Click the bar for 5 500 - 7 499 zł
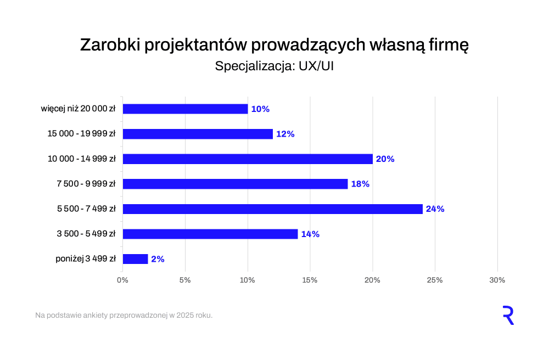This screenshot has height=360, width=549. point(273,209)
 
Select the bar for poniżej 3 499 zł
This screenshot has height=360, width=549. point(136,259)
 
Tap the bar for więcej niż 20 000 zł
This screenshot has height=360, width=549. point(186,109)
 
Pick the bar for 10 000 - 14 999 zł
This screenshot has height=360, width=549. point(248,159)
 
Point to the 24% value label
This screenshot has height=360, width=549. point(435,209)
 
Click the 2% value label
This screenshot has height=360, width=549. point(158,259)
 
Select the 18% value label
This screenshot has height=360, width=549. point(360,184)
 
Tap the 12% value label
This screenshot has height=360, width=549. point(285,134)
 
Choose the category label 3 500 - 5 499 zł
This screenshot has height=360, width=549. point(86,234)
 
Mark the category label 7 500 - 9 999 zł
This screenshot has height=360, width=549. point(86,184)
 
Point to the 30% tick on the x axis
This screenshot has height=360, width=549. point(497,280)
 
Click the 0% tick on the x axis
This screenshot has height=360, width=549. point(123,280)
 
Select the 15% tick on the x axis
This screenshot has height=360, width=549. point(310,280)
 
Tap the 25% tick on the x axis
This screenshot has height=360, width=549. point(435,280)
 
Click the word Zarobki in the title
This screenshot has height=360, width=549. point(110,45)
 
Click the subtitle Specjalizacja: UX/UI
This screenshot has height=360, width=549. point(274,66)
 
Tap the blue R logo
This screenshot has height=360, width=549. point(508,316)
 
